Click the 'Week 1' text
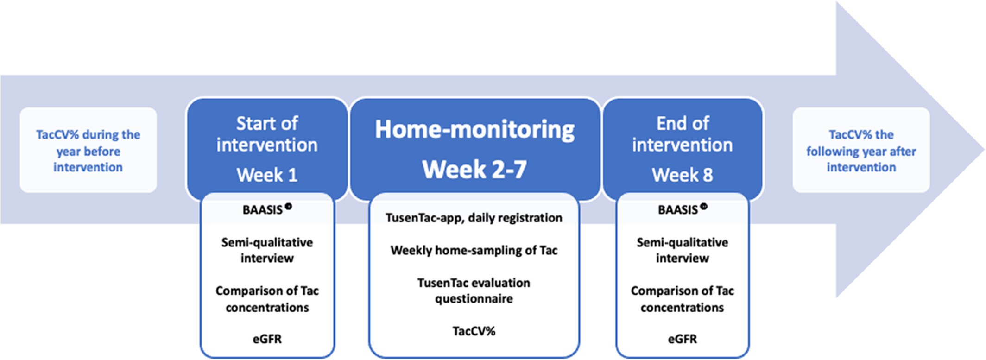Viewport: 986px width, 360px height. [x=267, y=175]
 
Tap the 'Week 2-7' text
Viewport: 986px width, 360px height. [x=474, y=169]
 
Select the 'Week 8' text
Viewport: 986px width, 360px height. [x=682, y=175]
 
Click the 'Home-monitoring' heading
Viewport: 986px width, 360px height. [x=474, y=130]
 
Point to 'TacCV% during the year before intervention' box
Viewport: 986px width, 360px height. [x=88, y=150]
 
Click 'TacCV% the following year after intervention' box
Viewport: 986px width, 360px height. [x=861, y=150]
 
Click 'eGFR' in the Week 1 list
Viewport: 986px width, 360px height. [x=267, y=339]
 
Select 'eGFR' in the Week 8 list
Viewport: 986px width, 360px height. [x=682, y=339]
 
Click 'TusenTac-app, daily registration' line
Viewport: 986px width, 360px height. [x=474, y=218]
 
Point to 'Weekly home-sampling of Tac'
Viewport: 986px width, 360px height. [x=474, y=250]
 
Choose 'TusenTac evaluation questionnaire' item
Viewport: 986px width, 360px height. [x=474, y=291]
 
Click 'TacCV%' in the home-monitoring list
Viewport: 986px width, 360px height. [x=474, y=331]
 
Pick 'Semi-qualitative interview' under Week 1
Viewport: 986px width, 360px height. [x=267, y=250]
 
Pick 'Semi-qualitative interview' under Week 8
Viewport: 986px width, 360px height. [x=682, y=250]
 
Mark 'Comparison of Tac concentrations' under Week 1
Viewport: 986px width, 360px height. [x=267, y=299]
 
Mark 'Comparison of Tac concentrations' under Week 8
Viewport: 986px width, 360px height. [x=682, y=299]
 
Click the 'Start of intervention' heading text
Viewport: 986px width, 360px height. [x=267, y=134]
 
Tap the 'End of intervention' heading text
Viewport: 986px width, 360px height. [x=683, y=134]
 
